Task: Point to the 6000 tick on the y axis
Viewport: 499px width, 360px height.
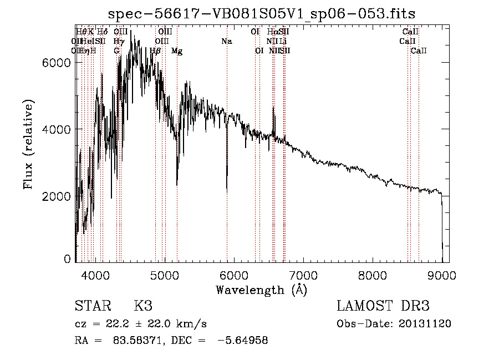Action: (56, 63)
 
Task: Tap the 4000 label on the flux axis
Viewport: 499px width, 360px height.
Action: (56, 129)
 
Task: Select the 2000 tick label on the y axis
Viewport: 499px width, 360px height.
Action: (56, 196)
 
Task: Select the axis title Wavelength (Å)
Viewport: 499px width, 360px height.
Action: (261, 290)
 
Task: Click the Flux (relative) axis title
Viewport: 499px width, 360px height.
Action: (29, 144)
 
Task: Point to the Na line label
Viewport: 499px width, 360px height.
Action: (226, 41)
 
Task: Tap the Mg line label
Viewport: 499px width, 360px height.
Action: (176, 51)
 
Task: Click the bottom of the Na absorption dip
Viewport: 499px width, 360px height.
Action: (227, 191)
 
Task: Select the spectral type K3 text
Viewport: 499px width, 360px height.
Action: (143, 306)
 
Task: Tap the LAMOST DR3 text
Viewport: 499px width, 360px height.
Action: (383, 306)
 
